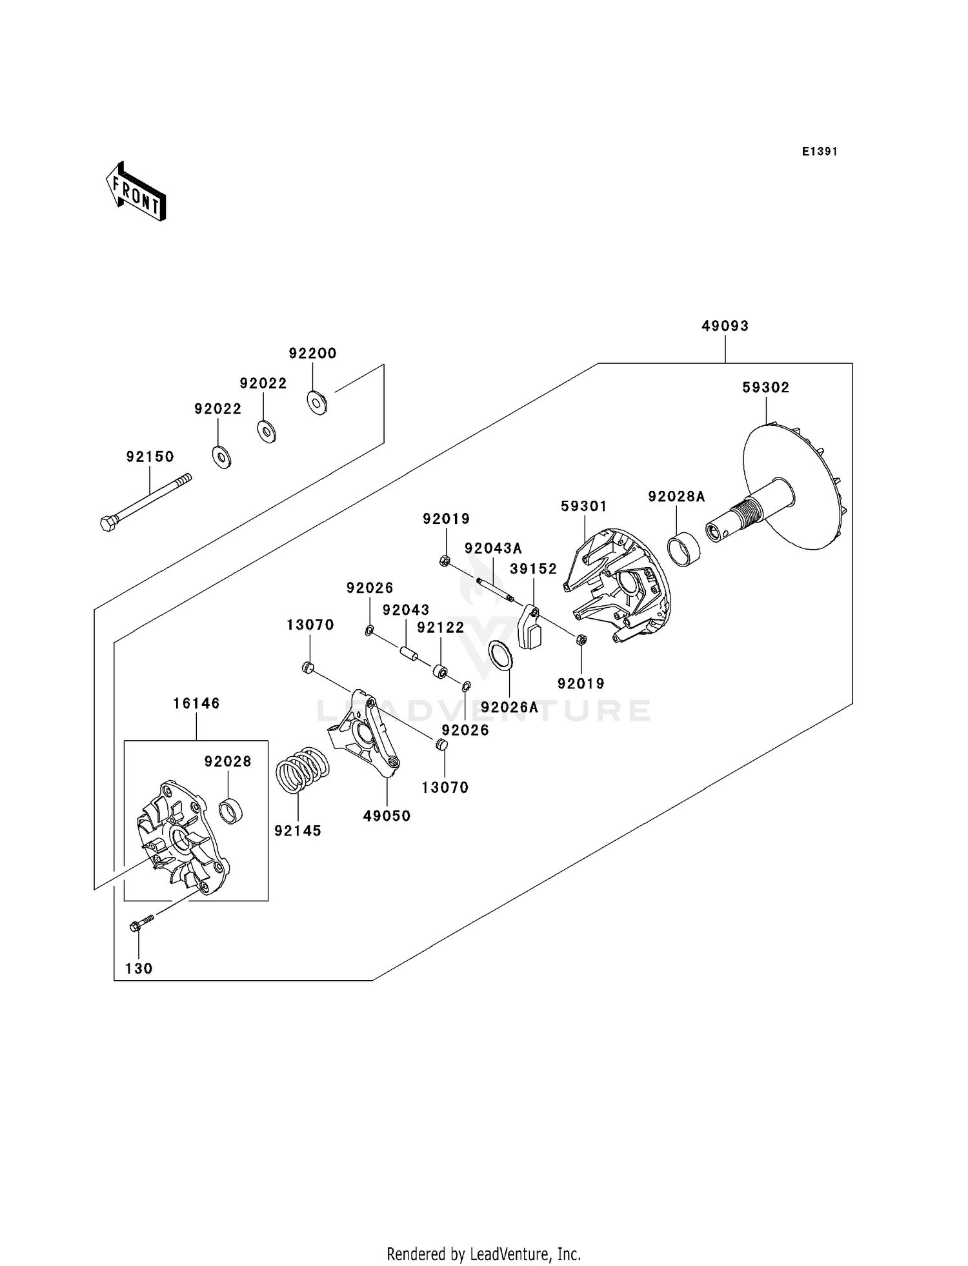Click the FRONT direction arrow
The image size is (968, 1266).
136,192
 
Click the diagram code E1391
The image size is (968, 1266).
820,152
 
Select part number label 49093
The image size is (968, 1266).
725,327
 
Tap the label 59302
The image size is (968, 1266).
766,388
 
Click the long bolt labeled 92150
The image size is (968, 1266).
146,502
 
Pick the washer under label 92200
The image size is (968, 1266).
317,403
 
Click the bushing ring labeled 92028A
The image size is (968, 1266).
683,548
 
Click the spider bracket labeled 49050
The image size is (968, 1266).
365,736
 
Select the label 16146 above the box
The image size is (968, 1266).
196,704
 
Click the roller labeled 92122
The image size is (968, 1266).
440,671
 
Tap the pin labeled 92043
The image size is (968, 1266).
407,652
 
